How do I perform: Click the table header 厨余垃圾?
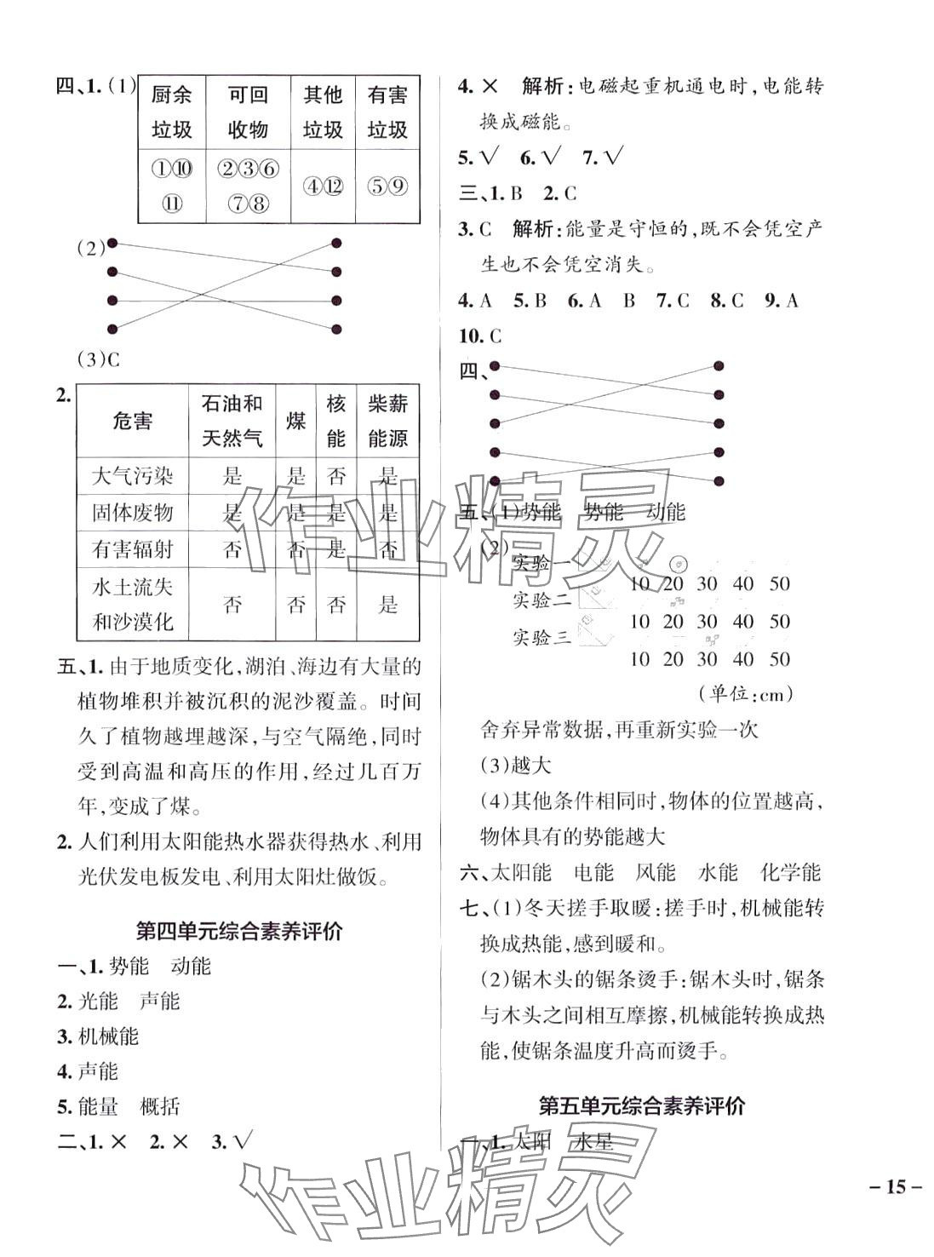[x=171, y=112]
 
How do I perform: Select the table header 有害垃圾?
[x=387, y=112]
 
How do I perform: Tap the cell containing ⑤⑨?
[x=387, y=186]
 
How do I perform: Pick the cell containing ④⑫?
[x=322, y=186]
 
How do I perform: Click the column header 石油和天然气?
[x=232, y=421]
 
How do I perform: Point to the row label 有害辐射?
[x=132, y=549]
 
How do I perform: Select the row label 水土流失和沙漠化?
[x=132, y=604]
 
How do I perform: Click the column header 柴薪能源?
[x=387, y=421]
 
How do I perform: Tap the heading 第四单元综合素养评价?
[x=239, y=931]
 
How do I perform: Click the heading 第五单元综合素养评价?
[x=642, y=1105]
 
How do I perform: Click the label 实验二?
[x=541, y=600]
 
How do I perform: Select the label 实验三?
[x=541, y=637]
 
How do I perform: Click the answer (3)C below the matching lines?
[x=99, y=359]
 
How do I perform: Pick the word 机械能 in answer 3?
[x=108, y=1036]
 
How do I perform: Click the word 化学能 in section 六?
[x=790, y=872]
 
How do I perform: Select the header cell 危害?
[x=132, y=421]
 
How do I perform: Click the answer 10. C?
[x=480, y=336]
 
